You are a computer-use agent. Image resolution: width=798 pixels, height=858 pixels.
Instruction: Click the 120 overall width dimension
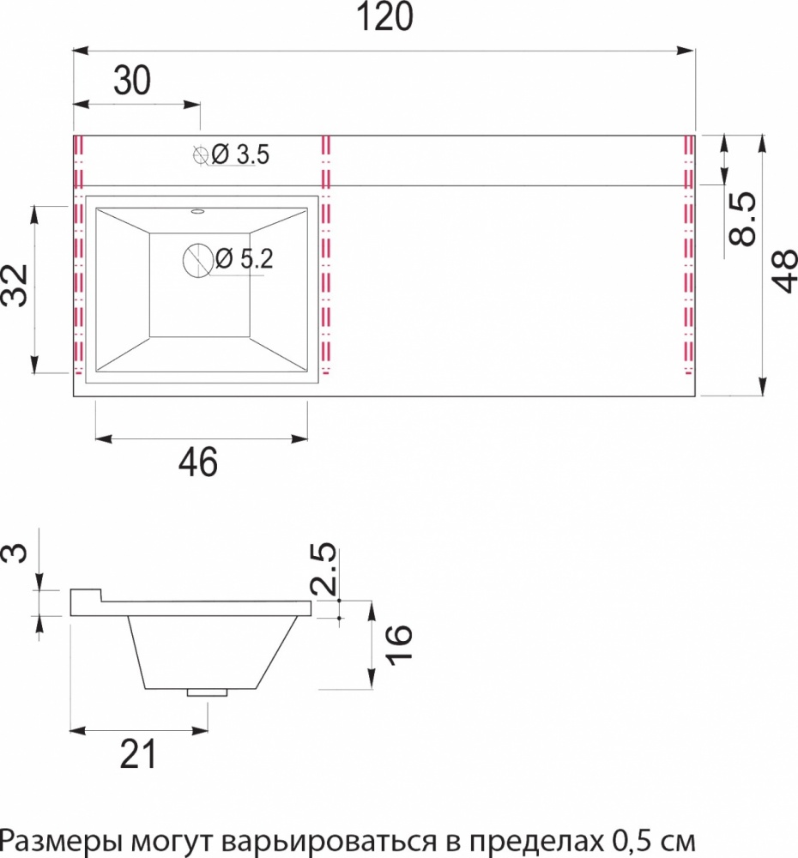tap(384, 16)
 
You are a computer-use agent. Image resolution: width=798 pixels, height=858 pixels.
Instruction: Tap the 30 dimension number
tap(132, 81)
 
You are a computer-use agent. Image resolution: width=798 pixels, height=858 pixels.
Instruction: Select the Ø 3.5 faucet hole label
tap(240, 154)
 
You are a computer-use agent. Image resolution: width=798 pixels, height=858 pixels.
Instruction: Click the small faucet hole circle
tap(201, 155)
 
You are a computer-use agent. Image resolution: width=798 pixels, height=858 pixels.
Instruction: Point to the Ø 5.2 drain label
tap(244, 258)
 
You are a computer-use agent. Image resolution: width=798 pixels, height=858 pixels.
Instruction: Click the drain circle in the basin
tap(198, 259)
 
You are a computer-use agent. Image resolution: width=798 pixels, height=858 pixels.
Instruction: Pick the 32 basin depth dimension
tap(15, 285)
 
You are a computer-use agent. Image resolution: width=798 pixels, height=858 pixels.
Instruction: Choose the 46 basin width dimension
tap(198, 462)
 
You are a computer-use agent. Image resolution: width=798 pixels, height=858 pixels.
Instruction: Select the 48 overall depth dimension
tap(783, 271)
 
